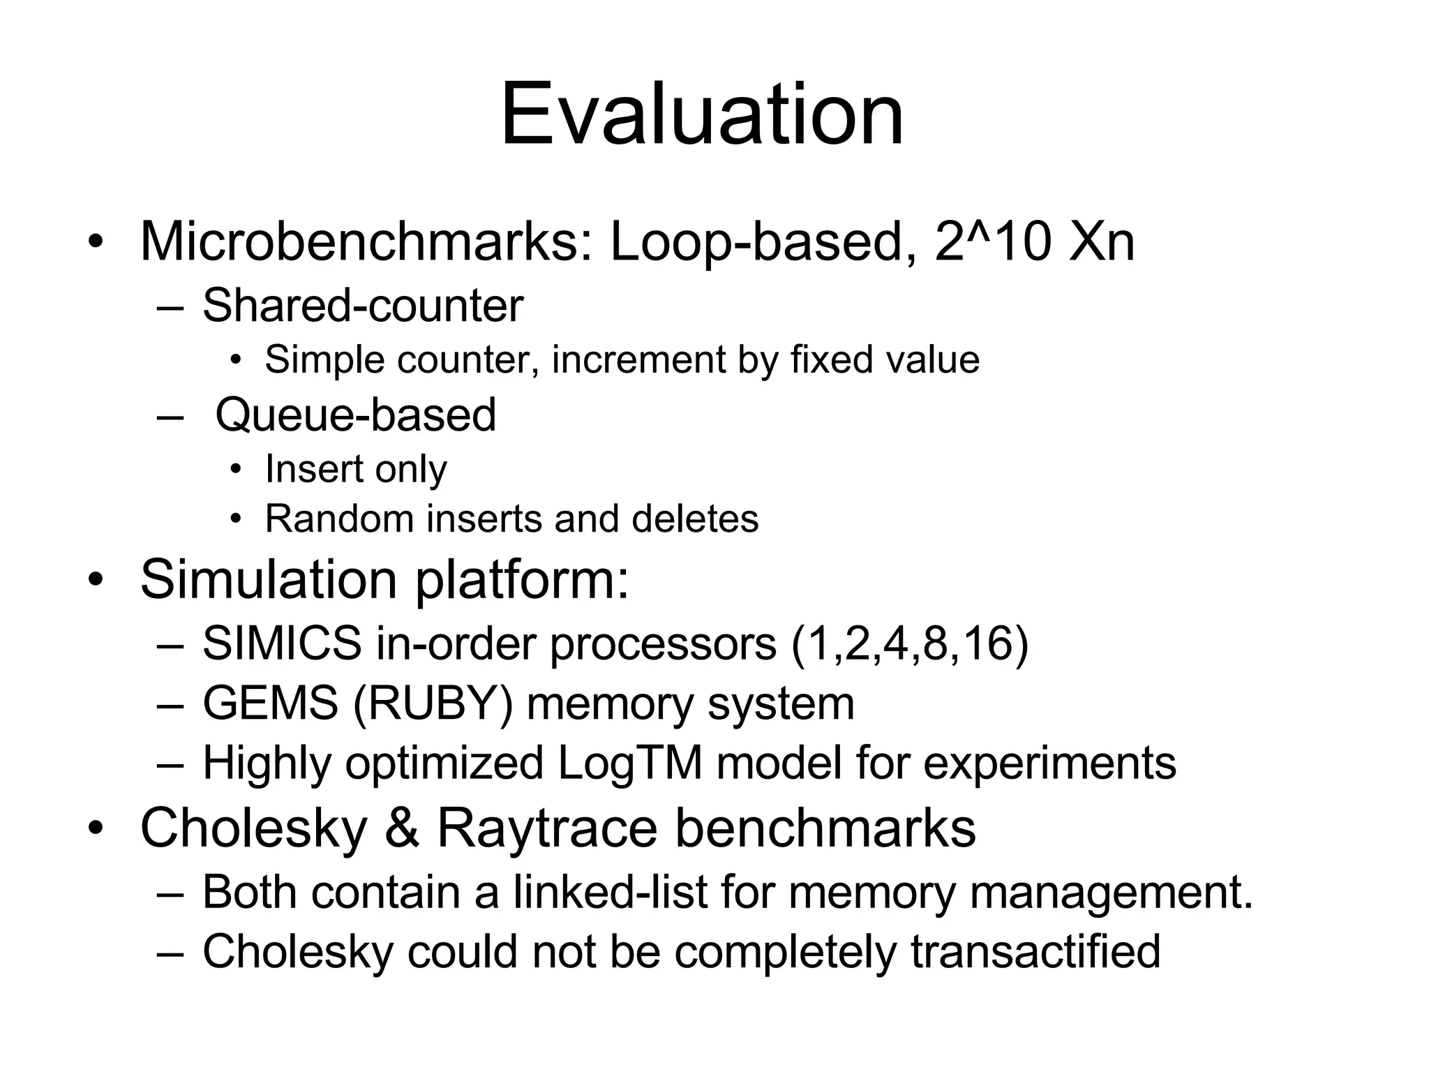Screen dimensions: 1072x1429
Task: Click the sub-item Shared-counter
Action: click(363, 306)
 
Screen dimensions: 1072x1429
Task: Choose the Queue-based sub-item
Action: click(356, 415)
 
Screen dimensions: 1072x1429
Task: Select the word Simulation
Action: click(269, 579)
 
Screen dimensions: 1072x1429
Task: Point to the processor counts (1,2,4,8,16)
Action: click(910, 643)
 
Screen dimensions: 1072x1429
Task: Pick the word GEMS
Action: click(271, 703)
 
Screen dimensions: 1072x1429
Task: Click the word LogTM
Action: click(630, 763)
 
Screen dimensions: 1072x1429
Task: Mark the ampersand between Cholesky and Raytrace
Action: click(402, 828)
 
